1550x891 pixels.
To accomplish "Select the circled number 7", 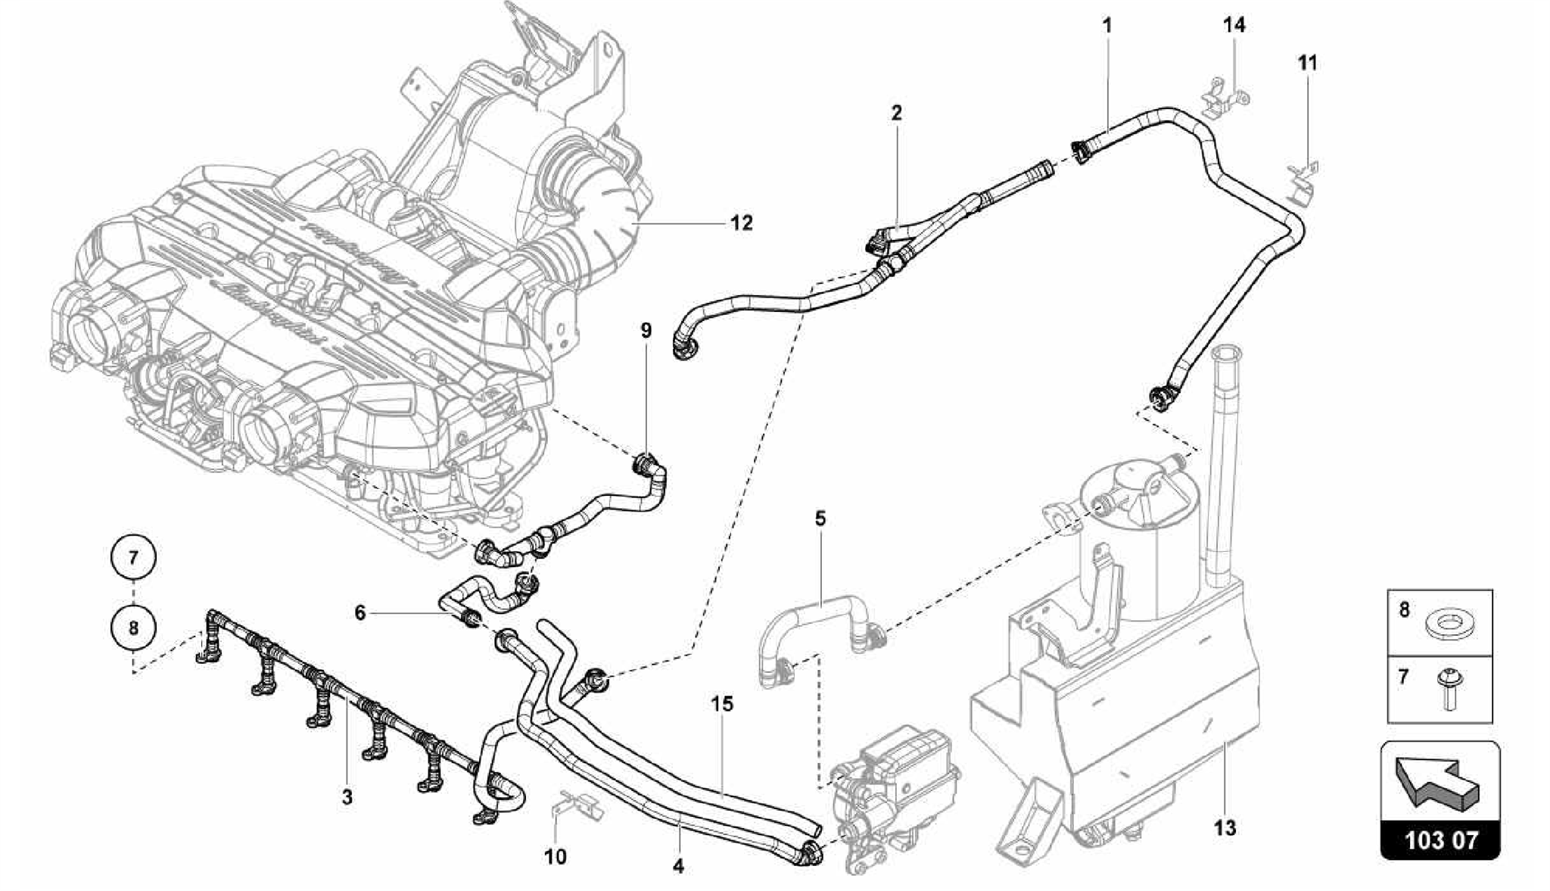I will tap(133, 559).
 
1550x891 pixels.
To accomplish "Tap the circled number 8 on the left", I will tap(133, 627).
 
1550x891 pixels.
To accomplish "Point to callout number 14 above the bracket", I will tap(1234, 25).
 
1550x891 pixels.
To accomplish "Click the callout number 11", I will tap(1307, 63).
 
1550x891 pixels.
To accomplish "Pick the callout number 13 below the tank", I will tap(1224, 828).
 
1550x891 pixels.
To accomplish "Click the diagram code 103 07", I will tap(1440, 840).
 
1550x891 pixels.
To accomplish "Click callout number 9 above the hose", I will tap(646, 330).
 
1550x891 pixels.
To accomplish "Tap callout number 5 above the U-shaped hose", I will tap(820, 519).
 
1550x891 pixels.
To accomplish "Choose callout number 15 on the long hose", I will tap(722, 704).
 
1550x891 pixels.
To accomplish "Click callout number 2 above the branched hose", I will tap(896, 114).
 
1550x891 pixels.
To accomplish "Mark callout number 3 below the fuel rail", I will tap(347, 797).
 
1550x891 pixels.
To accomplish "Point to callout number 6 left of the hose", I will tap(360, 613).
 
